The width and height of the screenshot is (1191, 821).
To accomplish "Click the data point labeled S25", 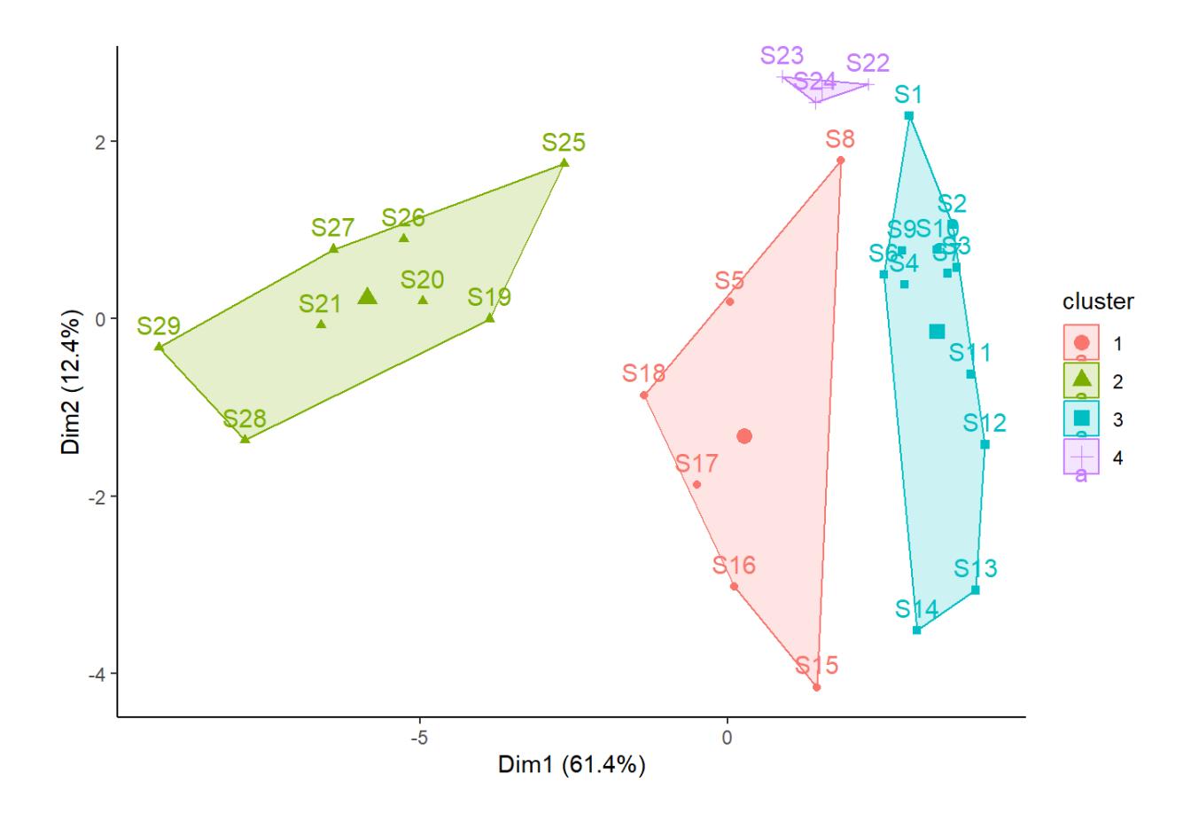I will pyautogui.click(x=564, y=163).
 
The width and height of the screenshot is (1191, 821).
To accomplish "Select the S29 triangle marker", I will pyautogui.click(x=160, y=347).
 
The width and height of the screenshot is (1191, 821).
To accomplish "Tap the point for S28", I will pyautogui.click(x=245, y=438).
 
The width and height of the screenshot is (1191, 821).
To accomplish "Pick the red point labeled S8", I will pyautogui.click(x=840, y=160).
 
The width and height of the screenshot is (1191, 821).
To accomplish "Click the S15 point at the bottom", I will pyautogui.click(x=816, y=687).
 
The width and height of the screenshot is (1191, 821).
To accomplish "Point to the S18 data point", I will pyautogui.click(x=644, y=395).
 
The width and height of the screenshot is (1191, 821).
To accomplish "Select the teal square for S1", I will pyautogui.click(x=908, y=116).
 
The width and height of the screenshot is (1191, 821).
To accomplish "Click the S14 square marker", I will pyautogui.click(x=917, y=630).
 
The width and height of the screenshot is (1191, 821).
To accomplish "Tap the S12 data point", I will pyautogui.click(x=985, y=444).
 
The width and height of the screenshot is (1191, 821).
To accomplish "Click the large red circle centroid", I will pyautogui.click(x=744, y=436).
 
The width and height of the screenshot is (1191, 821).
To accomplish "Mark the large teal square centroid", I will pyautogui.click(x=938, y=332).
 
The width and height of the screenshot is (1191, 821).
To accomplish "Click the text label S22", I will pyautogui.click(x=868, y=64).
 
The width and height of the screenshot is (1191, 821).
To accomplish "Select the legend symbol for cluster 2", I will pyautogui.click(x=1081, y=379).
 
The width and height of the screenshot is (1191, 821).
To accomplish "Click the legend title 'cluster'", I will pyautogui.click(x=1098, y=302).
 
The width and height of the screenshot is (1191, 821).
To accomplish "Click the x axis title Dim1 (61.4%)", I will pyautogui.click(x=572, y=765).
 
